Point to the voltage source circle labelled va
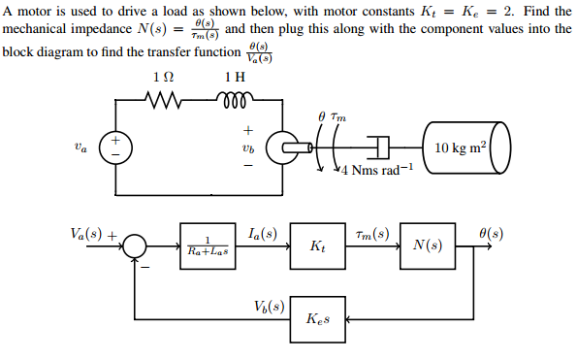[116, 148]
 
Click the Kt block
[317, 247]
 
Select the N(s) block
[428, 247]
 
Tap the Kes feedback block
[317, 319]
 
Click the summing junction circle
[136, 247]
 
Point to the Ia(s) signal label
[262, 234]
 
